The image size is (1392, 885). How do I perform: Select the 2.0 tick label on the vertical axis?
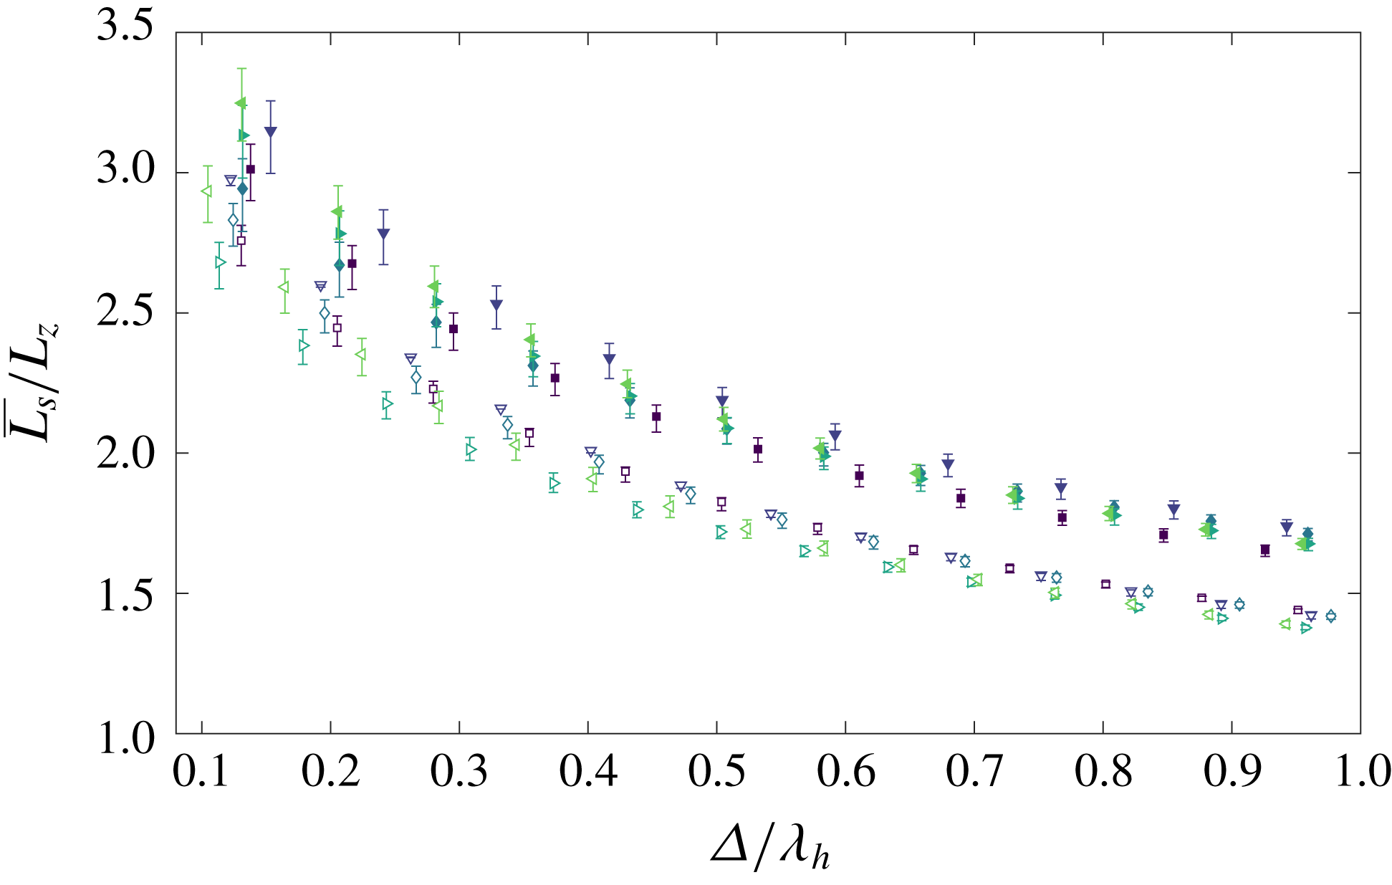[125, 454]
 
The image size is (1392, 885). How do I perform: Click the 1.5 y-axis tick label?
[125, 594]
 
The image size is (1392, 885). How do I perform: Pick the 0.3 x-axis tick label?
[459, 772]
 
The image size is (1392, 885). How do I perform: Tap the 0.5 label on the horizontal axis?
[716, 772]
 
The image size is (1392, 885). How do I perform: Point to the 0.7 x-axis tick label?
[974, 772]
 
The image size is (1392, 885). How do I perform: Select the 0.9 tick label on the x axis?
[1232, 772]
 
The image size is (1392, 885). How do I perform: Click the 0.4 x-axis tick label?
[588, 772]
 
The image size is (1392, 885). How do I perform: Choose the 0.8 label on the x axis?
[1103, 772]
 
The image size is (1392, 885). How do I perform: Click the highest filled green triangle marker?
[240, 103]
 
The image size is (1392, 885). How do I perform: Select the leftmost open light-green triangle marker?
[206, 191]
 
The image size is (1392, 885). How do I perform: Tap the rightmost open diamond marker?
[1330, 616]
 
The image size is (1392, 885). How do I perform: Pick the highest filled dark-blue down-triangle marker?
[270, 131]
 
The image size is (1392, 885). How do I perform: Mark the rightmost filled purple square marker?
[1265, 550]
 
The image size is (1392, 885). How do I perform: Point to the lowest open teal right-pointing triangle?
[1306, 628]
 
